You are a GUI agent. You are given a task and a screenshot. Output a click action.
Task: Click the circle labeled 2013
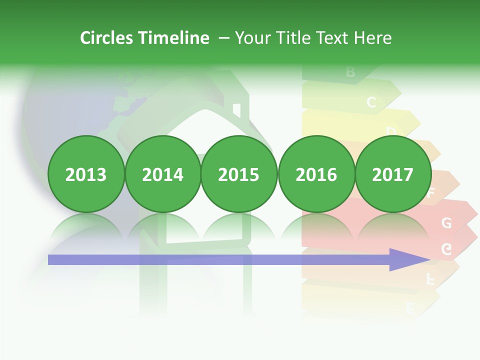pos(86,174)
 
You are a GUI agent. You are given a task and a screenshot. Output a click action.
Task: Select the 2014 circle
pos(162,174)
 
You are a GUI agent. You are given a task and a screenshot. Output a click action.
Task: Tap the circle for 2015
pos(239,174)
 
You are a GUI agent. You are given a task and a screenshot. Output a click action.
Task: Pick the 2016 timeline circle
pos(316,174)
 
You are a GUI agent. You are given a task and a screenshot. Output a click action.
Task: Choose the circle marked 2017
pos(392,174)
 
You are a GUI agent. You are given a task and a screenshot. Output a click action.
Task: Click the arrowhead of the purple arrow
pos(407,259)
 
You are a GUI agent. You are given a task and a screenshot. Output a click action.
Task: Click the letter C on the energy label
pos(371,102)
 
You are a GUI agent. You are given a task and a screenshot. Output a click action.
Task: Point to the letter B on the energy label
pos(350,72)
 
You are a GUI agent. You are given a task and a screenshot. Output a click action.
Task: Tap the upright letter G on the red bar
pos(446,223)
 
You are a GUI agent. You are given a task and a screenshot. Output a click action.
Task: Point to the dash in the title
pos(224,38)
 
